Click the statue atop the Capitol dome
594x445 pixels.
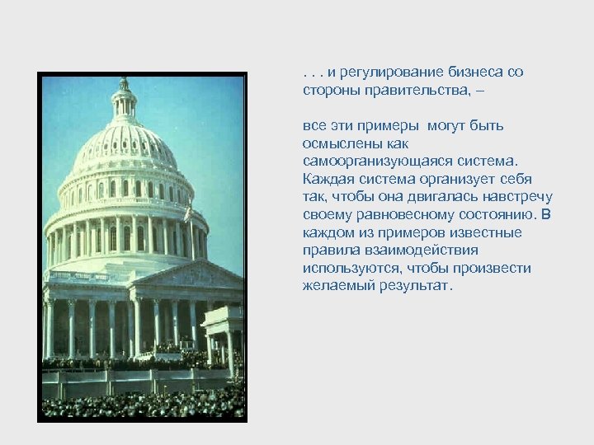pyautogui.click(x=124, y=82)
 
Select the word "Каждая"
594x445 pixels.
pyautogui.click(x=327, y=179)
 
